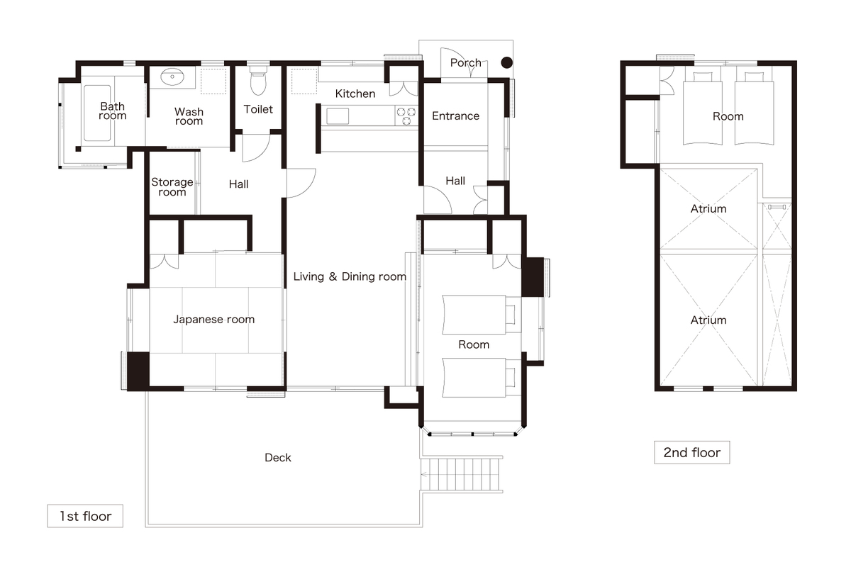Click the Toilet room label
point(258,109)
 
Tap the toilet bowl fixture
point(258,81)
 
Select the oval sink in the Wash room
point(172,77)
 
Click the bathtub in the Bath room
point(97,113)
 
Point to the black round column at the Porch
point(506,62)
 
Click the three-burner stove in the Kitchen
point(406,116)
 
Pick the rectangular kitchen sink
point(338,116)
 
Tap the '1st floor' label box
point(85,516)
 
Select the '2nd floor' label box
point(692,452)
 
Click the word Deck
point(278,458)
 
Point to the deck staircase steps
point(462,474)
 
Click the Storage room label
point(172,187)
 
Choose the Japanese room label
point(214,320)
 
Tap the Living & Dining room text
point(350,276)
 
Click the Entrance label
point(455,116)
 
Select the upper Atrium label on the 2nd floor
point(708,208)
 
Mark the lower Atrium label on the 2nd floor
point(708,320)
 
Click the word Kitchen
point(355,94)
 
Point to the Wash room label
point(189,116)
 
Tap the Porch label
point(465,62)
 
